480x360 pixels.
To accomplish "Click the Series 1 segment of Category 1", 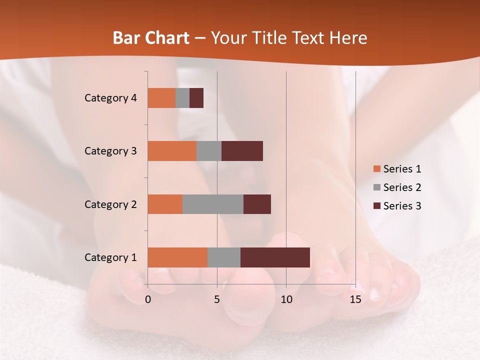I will tap(177, 257).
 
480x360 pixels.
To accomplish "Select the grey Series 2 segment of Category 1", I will tap(223, 257).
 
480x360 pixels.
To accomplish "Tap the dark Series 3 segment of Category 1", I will tap(275, 257).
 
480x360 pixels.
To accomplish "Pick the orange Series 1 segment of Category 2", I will tap(164, 204).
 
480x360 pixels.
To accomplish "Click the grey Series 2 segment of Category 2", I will tap(212, 204).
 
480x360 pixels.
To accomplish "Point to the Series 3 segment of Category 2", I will tap(257, 204).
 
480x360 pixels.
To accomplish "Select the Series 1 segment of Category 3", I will tap(171, 151).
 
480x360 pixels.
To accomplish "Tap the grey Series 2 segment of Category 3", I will tap(208, 151).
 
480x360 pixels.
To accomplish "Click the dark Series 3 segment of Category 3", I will tap(242, 151).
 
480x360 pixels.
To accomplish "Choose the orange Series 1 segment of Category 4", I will tap(161, 98).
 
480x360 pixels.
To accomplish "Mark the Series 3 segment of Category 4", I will tap(196, 98).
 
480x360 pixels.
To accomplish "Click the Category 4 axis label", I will tap(110, 98).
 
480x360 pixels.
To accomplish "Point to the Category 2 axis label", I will tap(110, 204).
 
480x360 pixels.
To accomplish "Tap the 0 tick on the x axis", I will tap(148, 299).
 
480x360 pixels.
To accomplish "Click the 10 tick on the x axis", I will tap(286, 299).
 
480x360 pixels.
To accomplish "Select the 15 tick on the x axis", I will tap(355, 299).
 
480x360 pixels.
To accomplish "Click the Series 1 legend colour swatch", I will tap(376, 169).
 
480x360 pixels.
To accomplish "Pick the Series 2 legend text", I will tap(402, 187).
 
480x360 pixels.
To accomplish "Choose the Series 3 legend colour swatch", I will tap(376, 206).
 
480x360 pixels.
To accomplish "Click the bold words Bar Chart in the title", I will tap(151, 38).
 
